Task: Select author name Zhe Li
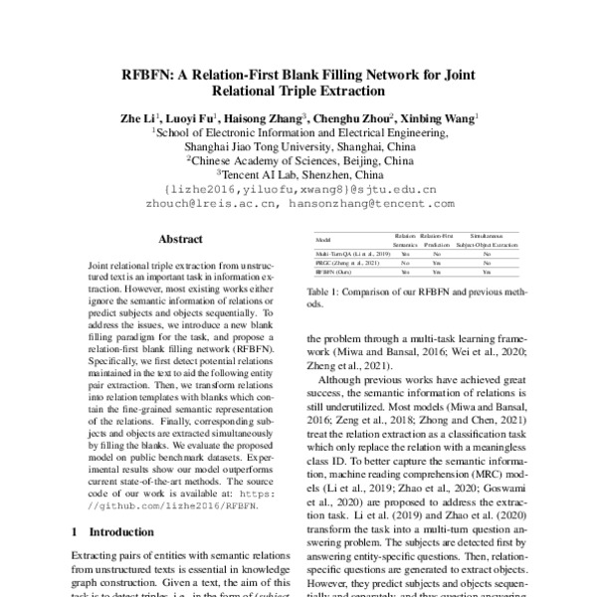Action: coord(137,116)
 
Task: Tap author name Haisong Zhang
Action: coord(271,116)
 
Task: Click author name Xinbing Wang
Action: coord(439,116)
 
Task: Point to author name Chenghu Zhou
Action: coord(356,116)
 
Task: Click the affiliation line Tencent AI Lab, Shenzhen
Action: coord(298,172)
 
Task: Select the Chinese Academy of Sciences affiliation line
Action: coord(298,158)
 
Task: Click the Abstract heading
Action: coord(180,240)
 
